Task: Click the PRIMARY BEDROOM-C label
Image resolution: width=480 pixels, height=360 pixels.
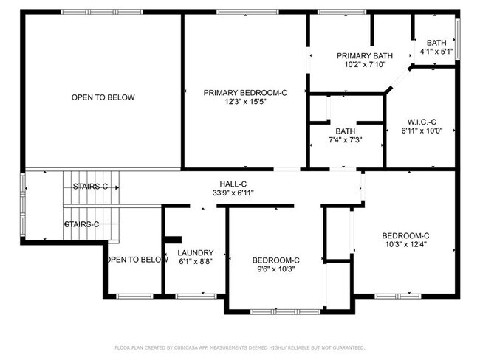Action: click(x=244, y=92)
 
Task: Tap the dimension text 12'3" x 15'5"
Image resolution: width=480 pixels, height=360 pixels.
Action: click(x=244, y=102)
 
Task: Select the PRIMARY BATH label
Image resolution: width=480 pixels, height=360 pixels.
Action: click(x=365, y=55)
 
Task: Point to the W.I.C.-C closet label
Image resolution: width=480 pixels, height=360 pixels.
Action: click(x=422, y=122)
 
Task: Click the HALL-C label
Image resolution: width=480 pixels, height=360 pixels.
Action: click(x=233, y=184)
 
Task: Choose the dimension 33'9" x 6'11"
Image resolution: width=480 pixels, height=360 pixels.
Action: click(x=233, y=193)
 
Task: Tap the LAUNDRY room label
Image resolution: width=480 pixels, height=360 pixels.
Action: click(x=196, y=252)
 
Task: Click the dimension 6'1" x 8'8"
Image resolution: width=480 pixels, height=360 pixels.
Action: click(x=196, y=261)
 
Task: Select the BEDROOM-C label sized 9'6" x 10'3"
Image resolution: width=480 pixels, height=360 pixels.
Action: click(x=275, y=260)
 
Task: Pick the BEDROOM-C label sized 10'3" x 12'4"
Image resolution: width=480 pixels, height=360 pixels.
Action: click(x=406, y=235)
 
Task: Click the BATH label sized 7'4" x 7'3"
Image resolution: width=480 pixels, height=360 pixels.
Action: click(x=345, y=131)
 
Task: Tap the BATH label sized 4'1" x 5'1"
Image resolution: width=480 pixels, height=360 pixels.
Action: click(x=436, y=43)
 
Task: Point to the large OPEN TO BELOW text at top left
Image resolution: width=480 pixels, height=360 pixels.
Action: click(x=103, y=97)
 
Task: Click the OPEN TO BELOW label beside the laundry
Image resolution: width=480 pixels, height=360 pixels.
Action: click(x=137, y=260)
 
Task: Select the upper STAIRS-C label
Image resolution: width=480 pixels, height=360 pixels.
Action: click(x=90, y=187)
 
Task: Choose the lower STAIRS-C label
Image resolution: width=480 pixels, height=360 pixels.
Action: click(x=81, y=224)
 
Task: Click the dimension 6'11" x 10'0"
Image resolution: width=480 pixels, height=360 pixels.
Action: click(x=422, y=131)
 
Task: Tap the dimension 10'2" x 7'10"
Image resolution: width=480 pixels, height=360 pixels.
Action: click(x=365, y=64)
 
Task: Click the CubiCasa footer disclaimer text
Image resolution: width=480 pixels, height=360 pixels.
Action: click(x=240, y=347)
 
